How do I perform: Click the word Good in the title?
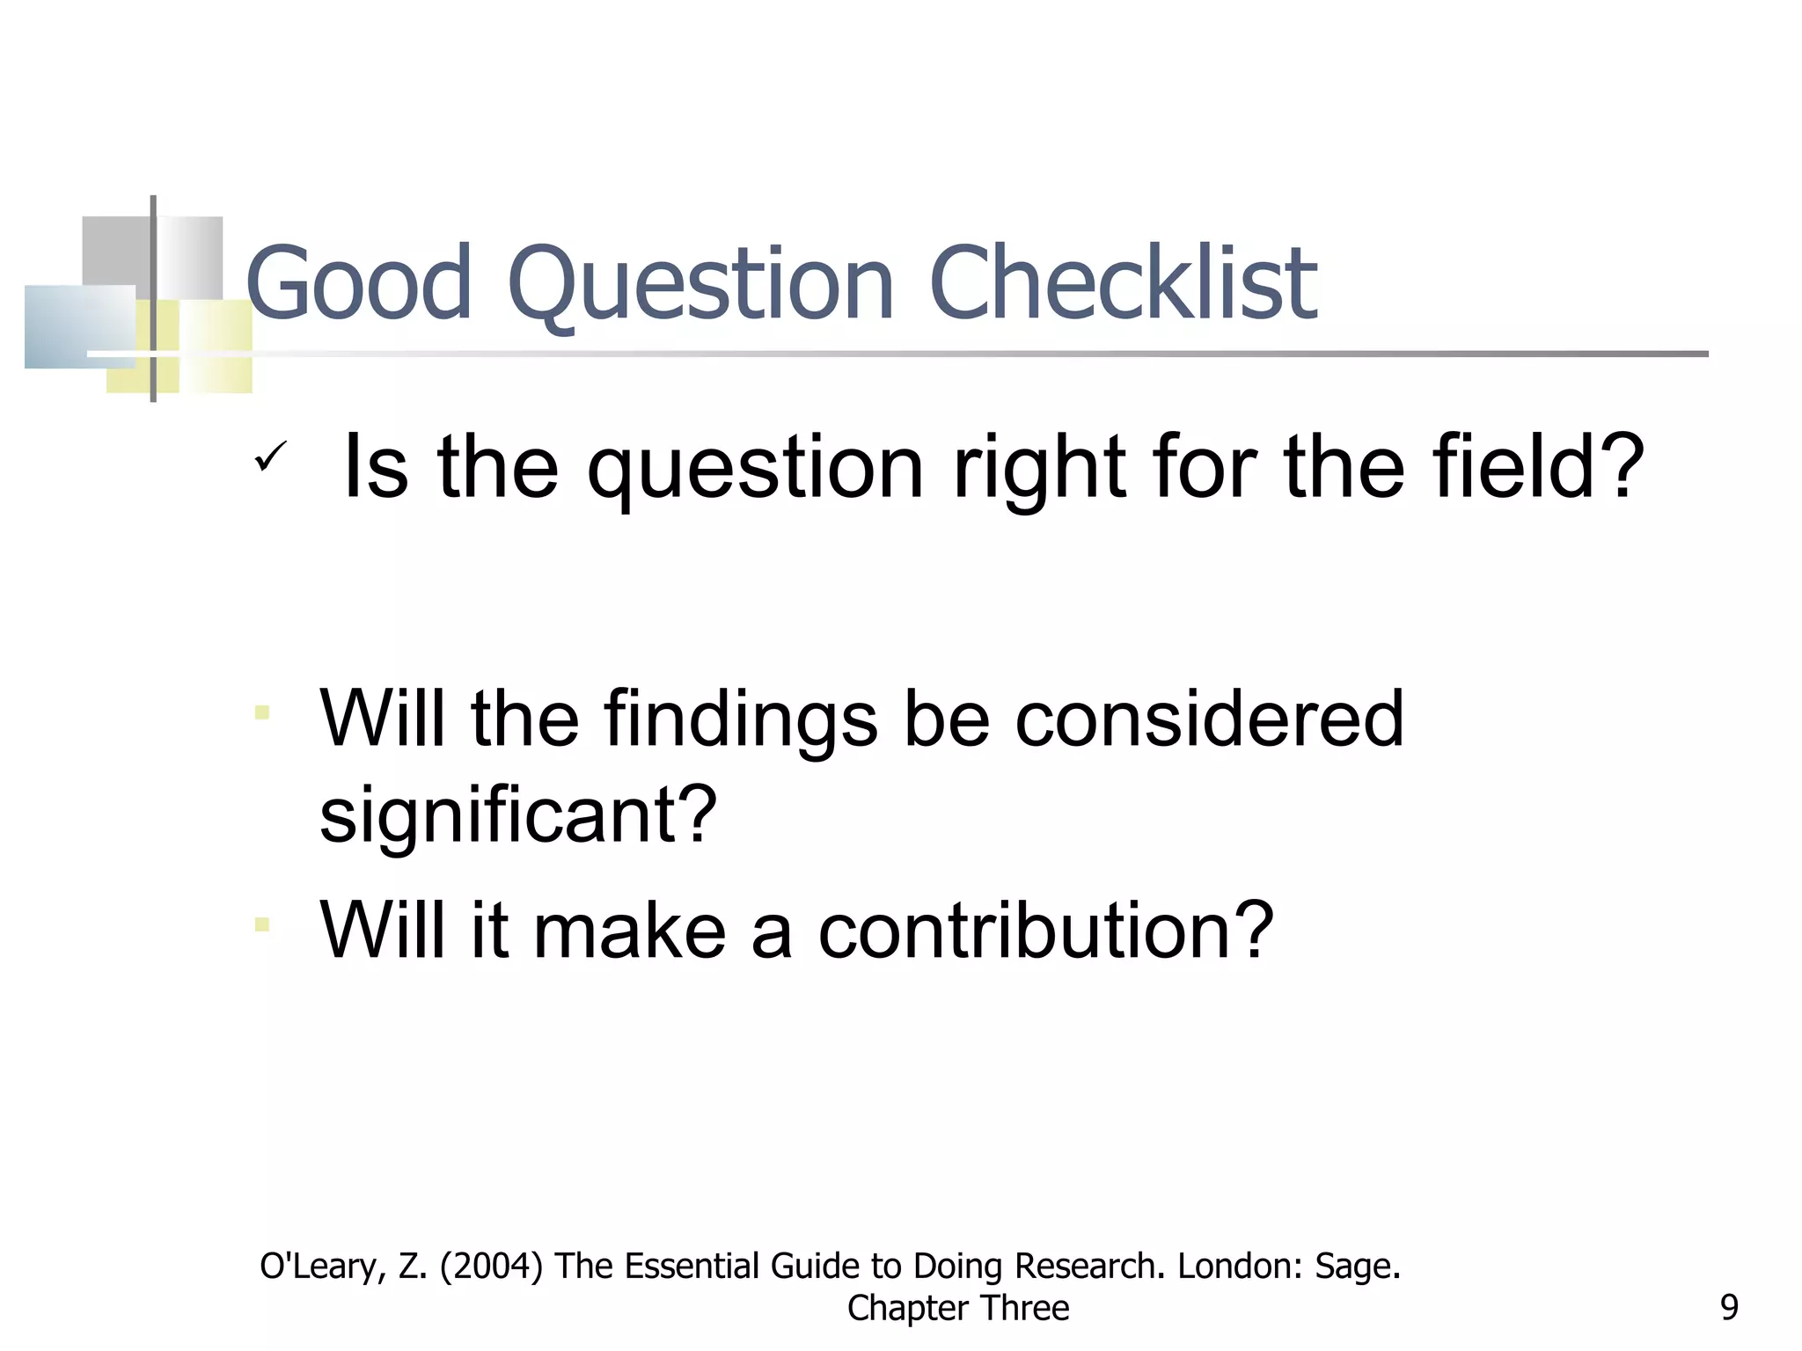click(360, 283)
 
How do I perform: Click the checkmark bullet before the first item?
click(270, 456)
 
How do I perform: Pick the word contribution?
click(1045, 930)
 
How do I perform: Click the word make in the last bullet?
click(629, 930)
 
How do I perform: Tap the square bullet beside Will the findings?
click(261, 712)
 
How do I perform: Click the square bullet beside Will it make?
click(261, 924)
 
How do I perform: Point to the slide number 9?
click(1728, 1308)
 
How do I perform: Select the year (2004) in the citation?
click(491, 1267)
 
